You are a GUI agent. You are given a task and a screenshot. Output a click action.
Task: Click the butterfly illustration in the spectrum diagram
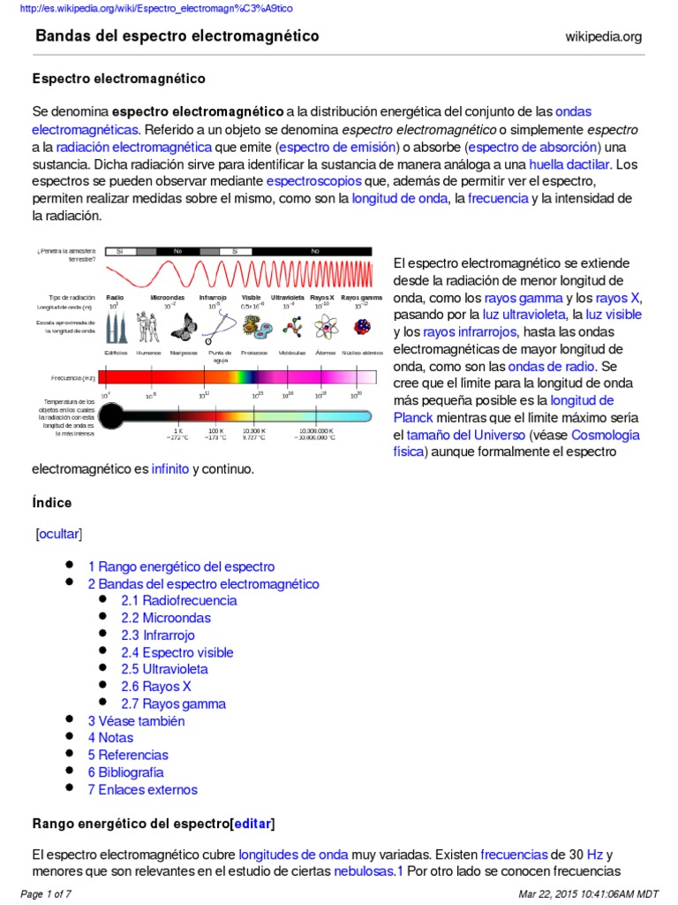coord(183,328)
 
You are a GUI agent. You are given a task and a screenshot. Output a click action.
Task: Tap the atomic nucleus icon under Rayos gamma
coord(362,328)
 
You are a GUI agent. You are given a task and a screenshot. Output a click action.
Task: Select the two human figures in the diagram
coord(149,329)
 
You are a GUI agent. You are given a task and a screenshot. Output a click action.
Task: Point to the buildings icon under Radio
coord(116,329)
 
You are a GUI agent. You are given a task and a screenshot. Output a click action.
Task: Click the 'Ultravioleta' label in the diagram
coord(287,298)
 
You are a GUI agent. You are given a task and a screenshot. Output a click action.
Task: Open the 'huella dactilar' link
coord(569,164)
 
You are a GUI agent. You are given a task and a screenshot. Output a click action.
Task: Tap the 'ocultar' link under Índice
coord(58,533)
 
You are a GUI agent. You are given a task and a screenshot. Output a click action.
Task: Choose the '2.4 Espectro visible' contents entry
coord(177,652)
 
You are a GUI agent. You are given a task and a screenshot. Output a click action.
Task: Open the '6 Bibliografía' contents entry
coord(125,772)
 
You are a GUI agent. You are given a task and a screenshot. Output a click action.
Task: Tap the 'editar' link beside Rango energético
coord(252,824)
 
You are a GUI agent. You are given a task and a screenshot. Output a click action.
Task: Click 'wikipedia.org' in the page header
coord(603,37)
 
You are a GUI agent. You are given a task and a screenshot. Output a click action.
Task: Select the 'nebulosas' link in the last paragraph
coord(364,871)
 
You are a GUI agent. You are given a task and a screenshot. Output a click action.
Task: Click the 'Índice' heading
coord(52,503)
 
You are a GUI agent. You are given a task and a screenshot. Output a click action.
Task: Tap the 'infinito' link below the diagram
coord(169,469)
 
